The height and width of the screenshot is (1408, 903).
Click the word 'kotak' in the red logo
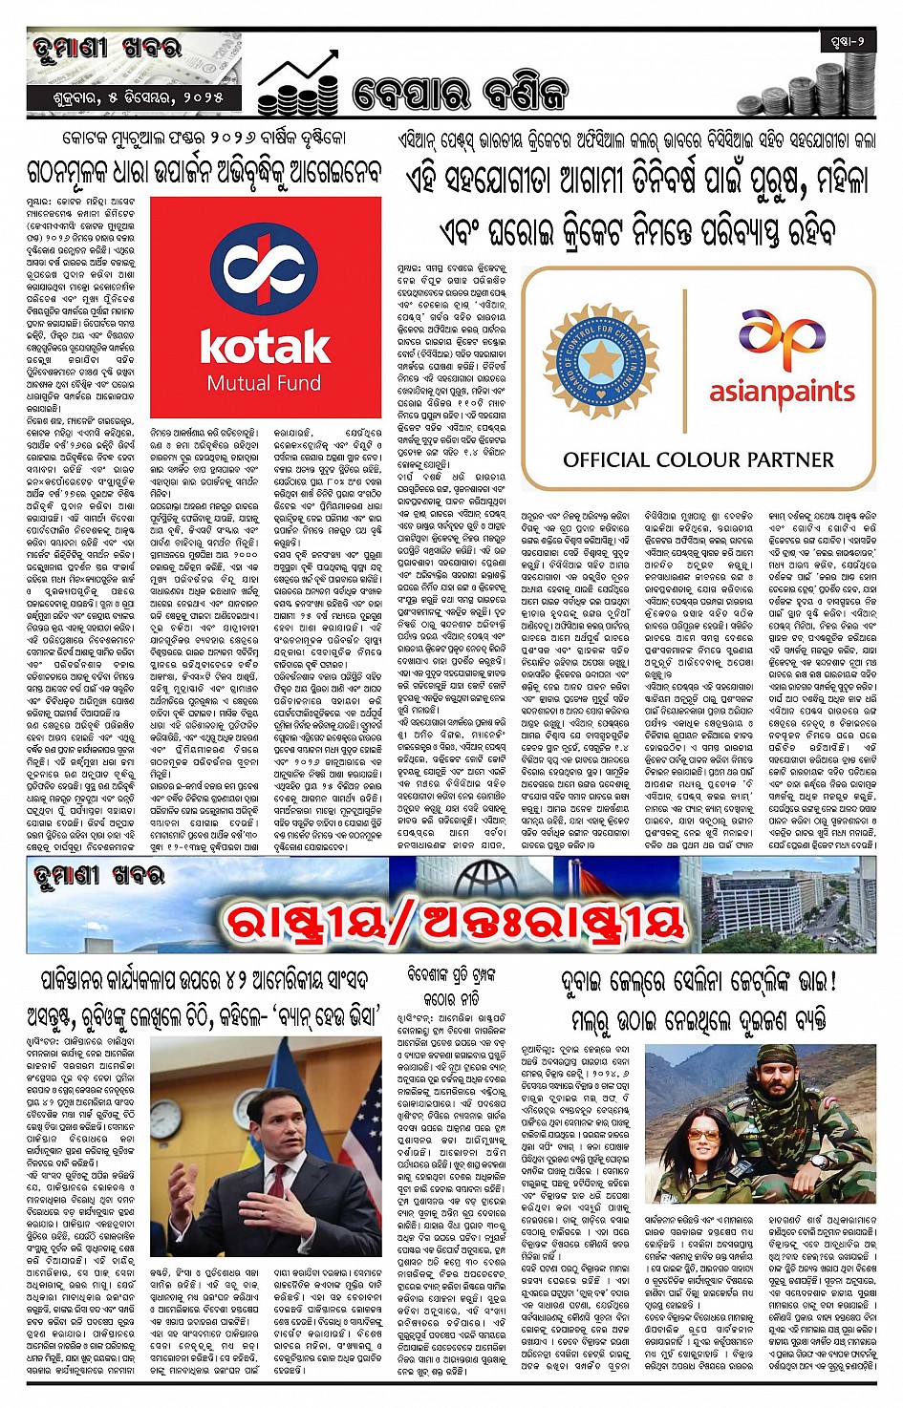tap(265, 347)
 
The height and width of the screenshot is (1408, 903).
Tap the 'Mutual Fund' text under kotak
tap(265, 384)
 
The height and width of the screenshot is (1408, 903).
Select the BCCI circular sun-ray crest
tap(601, 361)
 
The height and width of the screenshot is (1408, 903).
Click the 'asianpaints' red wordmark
tap(782, 392)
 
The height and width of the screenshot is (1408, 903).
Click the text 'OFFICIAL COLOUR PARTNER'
tap(698, 459)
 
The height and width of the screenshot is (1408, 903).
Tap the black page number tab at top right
tap(847, 41)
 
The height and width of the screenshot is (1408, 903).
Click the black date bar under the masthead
tap(134, 98)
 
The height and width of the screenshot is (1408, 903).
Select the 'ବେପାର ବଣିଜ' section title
tap(459, 94)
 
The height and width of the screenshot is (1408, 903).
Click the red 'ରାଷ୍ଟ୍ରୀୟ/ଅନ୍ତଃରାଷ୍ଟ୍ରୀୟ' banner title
tap(454, 919)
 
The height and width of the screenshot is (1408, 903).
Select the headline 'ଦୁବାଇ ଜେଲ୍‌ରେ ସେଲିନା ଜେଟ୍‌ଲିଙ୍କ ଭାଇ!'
tap(699, 981)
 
